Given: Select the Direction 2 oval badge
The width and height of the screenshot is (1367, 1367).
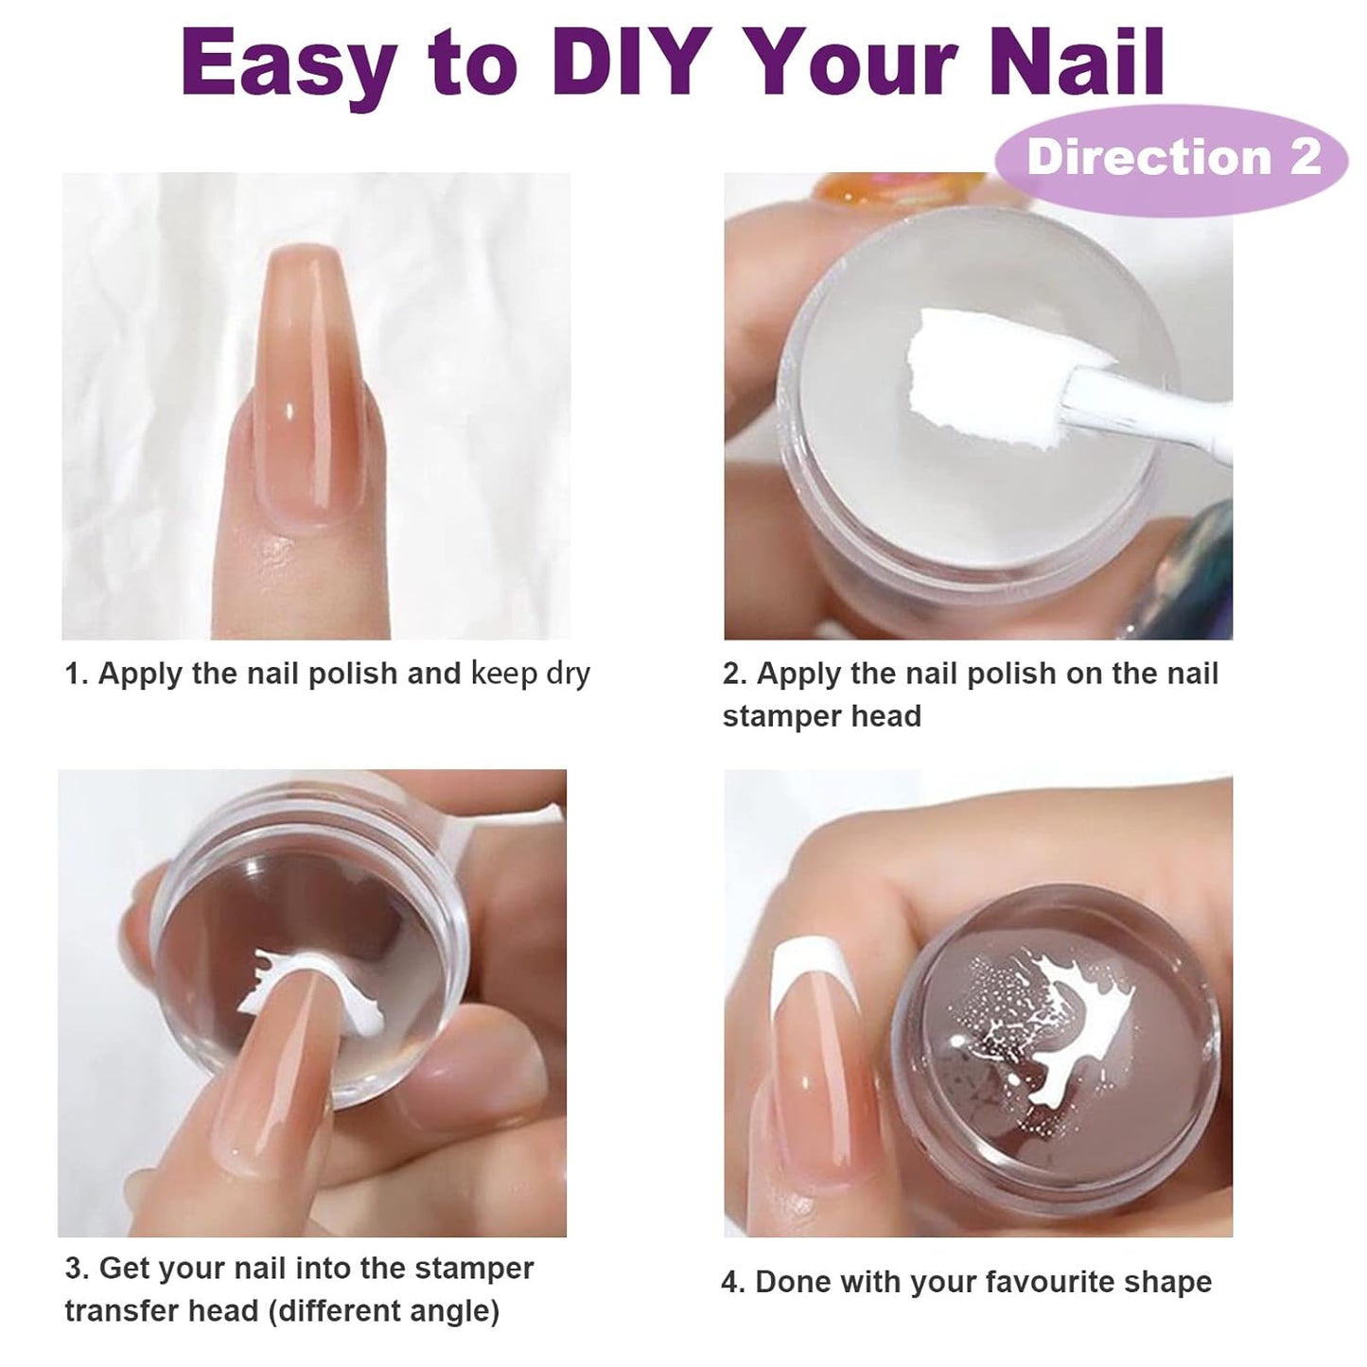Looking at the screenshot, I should point(1171,157).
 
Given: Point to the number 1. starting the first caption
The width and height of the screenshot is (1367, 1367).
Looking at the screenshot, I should point(76,675).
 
